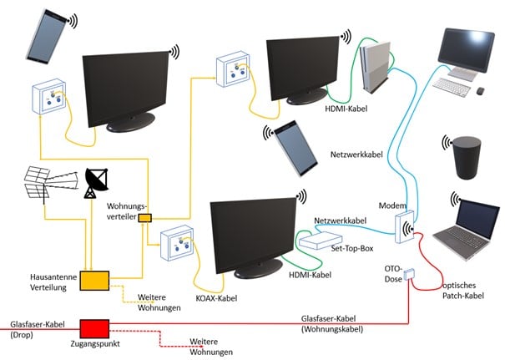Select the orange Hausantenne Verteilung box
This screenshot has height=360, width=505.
pyautogui.click(x=95, y=280)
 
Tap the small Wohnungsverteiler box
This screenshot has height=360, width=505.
pyautogui.click(x=144, y=218)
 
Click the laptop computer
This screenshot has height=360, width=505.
pyautogui.click(x=467, y=226)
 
